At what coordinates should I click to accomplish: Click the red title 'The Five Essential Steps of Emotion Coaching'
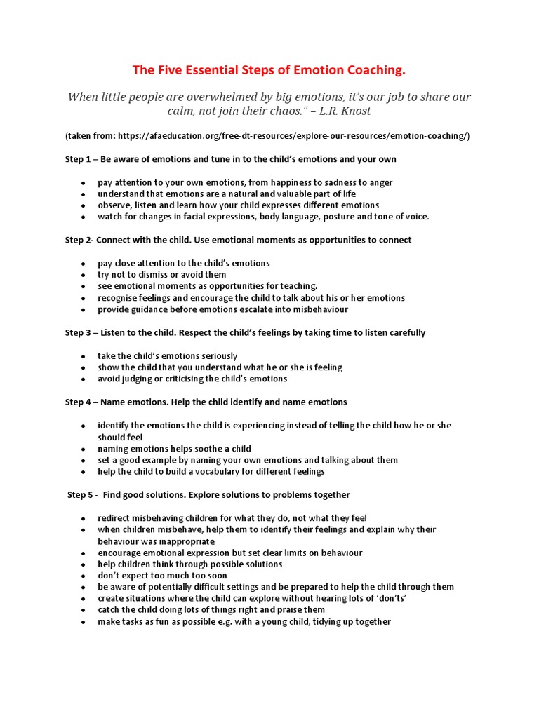(x=269, y=70)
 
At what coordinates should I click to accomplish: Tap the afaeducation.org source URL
(x=294, y=135)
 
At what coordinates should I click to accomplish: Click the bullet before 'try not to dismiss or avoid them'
(x=83, y=275)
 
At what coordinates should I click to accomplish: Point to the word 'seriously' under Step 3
(x=218, y=355)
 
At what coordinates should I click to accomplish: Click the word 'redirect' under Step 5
(x=115, y=517)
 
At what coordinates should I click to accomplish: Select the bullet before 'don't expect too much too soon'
(x=83, y=576)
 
